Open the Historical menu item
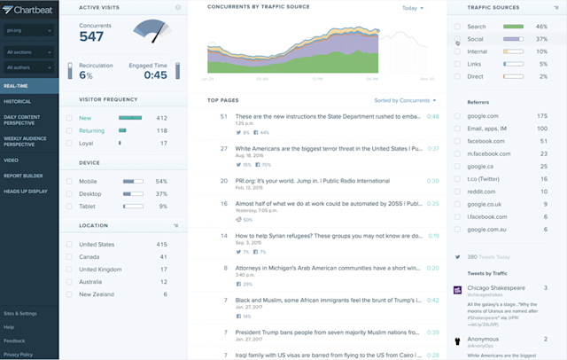click(x=18, y=101)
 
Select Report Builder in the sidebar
click(x=23, y=176)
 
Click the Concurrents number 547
click(x=91, y=37)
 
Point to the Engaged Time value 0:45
click(x=155, y=75)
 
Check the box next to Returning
click(x=70, y=130)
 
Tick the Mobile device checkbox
click(x=70, y=181)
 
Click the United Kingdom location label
click(x=100, y=269)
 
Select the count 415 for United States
click(x=161, y=244)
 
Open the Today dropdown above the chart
click(x=412, y=8)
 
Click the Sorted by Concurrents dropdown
click(x=404, y=100)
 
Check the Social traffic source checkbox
click(x=458, y=40)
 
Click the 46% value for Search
click(x=541, y=27)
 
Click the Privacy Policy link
click(x=18, y=354)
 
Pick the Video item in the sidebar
click(x=11, y=160)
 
